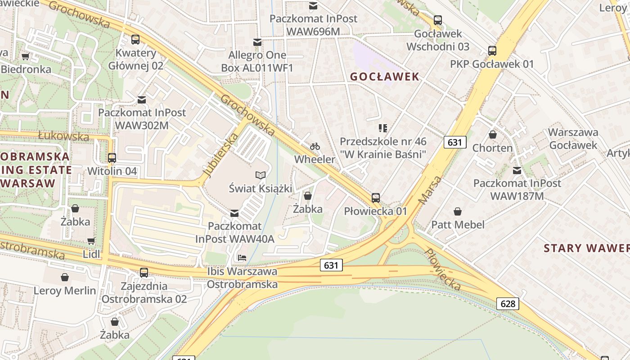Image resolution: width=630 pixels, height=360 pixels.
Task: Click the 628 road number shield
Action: [508, 304]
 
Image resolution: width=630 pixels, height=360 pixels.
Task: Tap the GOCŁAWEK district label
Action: [385, 76]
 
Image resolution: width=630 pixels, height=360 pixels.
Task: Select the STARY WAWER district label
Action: [586, 248]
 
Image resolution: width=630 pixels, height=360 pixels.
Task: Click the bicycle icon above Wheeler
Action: [315, 146]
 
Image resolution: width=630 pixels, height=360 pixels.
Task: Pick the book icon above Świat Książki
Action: [261, 175]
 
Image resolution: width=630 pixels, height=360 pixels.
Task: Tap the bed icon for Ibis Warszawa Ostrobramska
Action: [242, 258]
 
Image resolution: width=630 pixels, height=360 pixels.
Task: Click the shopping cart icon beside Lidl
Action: [91, 241]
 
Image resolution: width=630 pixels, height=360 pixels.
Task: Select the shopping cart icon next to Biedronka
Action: [26, 56]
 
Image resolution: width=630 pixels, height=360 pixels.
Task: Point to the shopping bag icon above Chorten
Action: [493, 135]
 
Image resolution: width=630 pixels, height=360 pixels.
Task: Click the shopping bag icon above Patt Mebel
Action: [458, 211]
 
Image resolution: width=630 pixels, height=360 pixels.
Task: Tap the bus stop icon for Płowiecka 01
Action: [376, 198]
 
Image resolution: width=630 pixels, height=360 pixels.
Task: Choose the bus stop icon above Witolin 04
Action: [112, 158]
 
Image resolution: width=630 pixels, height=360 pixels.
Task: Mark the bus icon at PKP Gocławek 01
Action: [492, 51]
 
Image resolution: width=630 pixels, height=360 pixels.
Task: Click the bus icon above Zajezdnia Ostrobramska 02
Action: [144, 272]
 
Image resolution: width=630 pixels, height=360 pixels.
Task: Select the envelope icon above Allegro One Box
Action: [257, 42]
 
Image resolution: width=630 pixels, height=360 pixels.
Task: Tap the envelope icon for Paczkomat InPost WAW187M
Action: [517, 171]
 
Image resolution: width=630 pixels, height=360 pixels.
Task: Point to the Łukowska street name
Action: [63, 136]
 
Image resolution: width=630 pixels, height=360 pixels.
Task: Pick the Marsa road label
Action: [430, 189]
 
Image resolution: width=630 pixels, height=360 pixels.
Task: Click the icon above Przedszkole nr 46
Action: [383, 128]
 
